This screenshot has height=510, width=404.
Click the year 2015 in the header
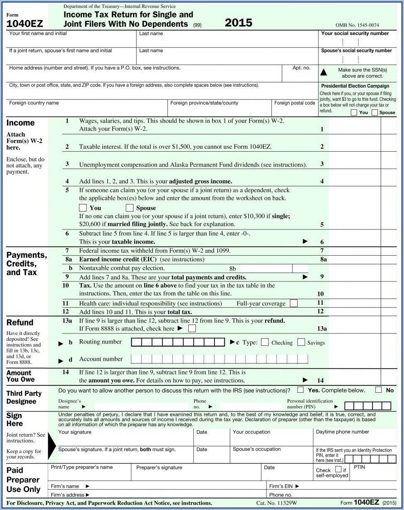pyautogui.click(x=238, y=23)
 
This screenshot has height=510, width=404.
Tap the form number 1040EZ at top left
pyautogui.click(x=25, y=24)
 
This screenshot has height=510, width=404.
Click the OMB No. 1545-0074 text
pyautogui.click(x=357, y=25)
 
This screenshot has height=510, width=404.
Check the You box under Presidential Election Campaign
pyautogui.click(x=354, y=112)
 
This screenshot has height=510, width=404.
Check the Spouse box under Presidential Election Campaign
pyautogui.click(x=374, y=112)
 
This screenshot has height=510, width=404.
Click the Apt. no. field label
pyautogui.click(x=301, y=68)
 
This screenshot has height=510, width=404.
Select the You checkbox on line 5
pyautogui.click(x=83, y=208)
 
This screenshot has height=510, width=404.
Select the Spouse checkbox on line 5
pyautogui.click(x=130, y=208)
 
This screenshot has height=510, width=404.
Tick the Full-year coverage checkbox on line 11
pyautogui.click(x=293, y=303)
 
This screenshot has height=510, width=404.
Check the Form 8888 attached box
pyautogui.click(x=192, y=328)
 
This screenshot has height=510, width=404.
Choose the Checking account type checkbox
pyautogui.click(x=265, y=342)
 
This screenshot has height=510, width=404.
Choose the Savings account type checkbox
pyautogui.click(x=301, y=342)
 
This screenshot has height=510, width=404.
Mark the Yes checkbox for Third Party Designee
pyautogui.click(x=301, y=390)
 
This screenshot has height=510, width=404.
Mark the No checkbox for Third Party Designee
pyautogui.click(x=378, y=390)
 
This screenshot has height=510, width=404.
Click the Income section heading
pyautogui.click(x=21, y=123)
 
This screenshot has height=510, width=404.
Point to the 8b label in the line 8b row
pyautogui.click(x=232, y=269)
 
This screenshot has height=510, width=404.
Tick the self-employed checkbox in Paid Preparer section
pyautogui.click(x=338, y=469)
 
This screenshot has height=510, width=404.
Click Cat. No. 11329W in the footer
pyautogui.click(x=276, y=503)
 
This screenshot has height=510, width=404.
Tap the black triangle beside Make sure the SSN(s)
pyautogui.click(x=323, y=73)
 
